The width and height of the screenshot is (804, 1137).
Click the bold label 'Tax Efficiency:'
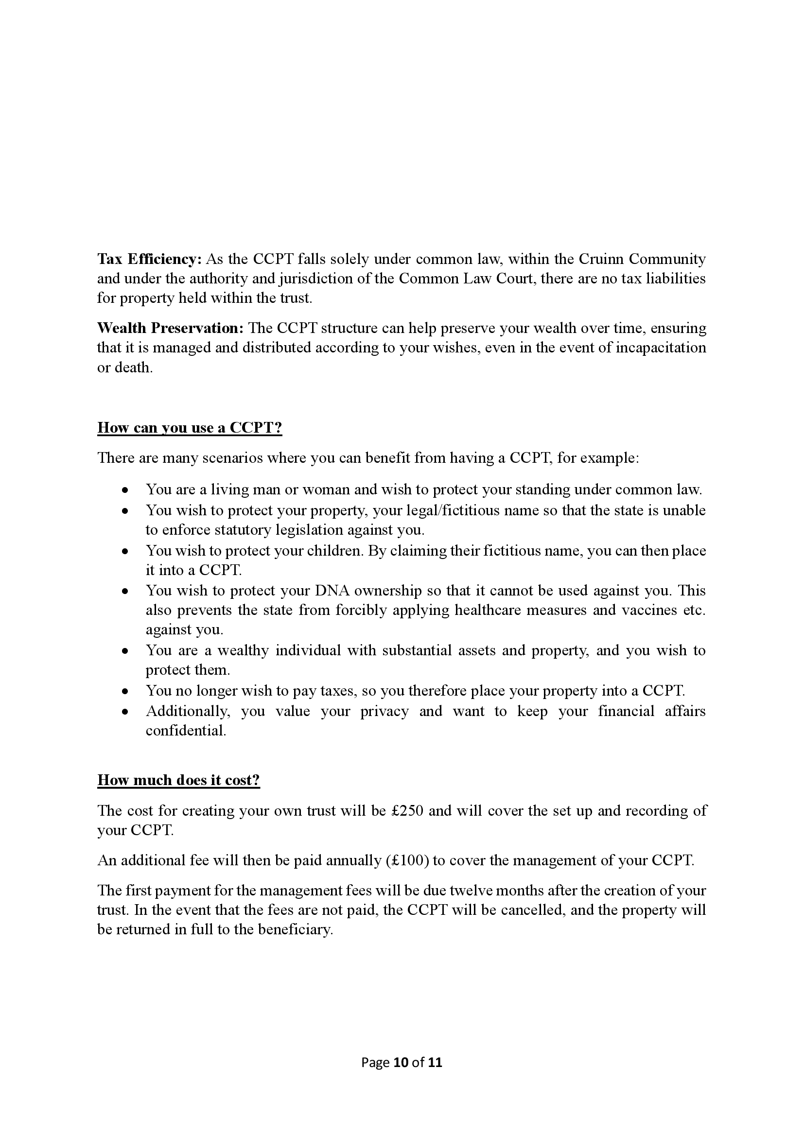[x=149, y=259]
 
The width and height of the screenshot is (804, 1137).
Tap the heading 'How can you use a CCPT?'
[x=190, y=427]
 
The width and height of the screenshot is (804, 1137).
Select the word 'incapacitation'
[x=661, y=348]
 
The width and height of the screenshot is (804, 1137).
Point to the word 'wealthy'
[x=243, y=650]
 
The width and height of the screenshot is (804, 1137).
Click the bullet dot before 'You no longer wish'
[x=126, y=691]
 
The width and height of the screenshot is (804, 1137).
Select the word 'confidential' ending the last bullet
[x=185, y=731]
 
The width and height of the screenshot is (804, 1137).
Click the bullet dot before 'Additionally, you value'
[x=126, y=712]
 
